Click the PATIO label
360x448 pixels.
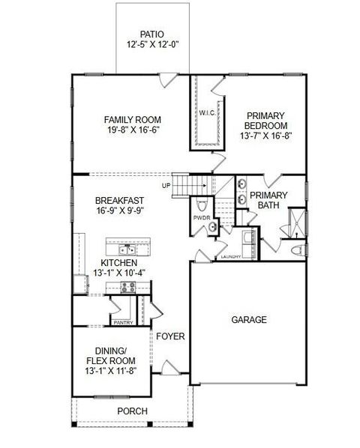point(151,34)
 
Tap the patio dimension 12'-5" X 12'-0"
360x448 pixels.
point(151,45)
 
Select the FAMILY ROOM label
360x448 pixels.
point(133,119)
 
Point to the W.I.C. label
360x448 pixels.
point(208,113)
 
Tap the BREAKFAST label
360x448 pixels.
point(120,200)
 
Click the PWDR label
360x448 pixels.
point(200,218)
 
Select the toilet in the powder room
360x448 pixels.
point(199,205)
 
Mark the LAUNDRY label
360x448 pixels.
point(229,257)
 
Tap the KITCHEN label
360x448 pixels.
point(120,263)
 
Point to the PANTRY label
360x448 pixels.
point(123,323)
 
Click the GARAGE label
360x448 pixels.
point(248,320)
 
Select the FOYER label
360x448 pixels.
point(170,336)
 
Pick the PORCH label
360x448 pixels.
point(132,411)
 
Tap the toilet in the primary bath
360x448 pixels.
point(296,249)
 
